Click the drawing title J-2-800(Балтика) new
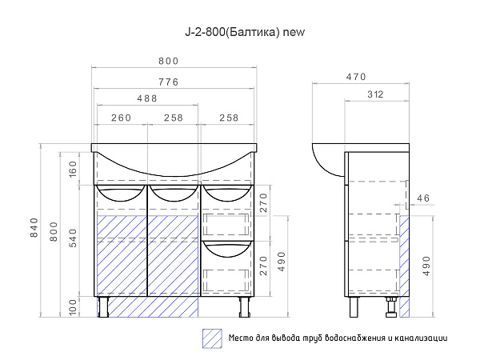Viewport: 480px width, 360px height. point(245,32)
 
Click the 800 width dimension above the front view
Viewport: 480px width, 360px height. point(169,62)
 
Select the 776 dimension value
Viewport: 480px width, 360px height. point(169,82)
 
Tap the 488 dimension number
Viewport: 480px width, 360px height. point(147,98)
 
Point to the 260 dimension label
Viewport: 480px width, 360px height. point(122,118)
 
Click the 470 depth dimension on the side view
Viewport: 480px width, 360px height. point(356,77)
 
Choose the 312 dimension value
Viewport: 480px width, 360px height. point(375,94)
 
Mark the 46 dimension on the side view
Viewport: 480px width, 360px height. point(423,198)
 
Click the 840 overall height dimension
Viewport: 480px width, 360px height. point(34,227)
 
